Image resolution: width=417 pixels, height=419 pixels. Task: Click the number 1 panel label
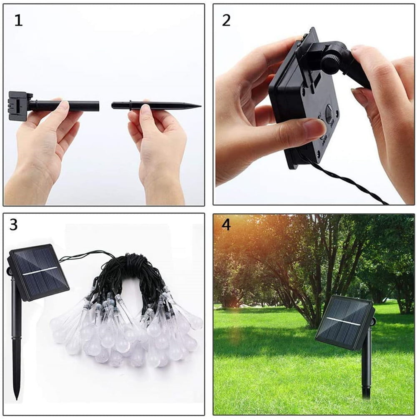18,20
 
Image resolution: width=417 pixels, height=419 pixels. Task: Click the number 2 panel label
226,20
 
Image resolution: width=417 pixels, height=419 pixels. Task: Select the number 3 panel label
14,225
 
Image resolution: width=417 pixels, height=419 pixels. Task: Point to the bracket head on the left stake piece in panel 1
19,106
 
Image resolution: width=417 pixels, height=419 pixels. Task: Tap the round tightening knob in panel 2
332,62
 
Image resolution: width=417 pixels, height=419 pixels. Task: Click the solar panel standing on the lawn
345,322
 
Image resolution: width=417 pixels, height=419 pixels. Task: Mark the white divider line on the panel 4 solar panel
344,322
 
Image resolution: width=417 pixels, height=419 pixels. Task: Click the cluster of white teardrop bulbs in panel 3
125,333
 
